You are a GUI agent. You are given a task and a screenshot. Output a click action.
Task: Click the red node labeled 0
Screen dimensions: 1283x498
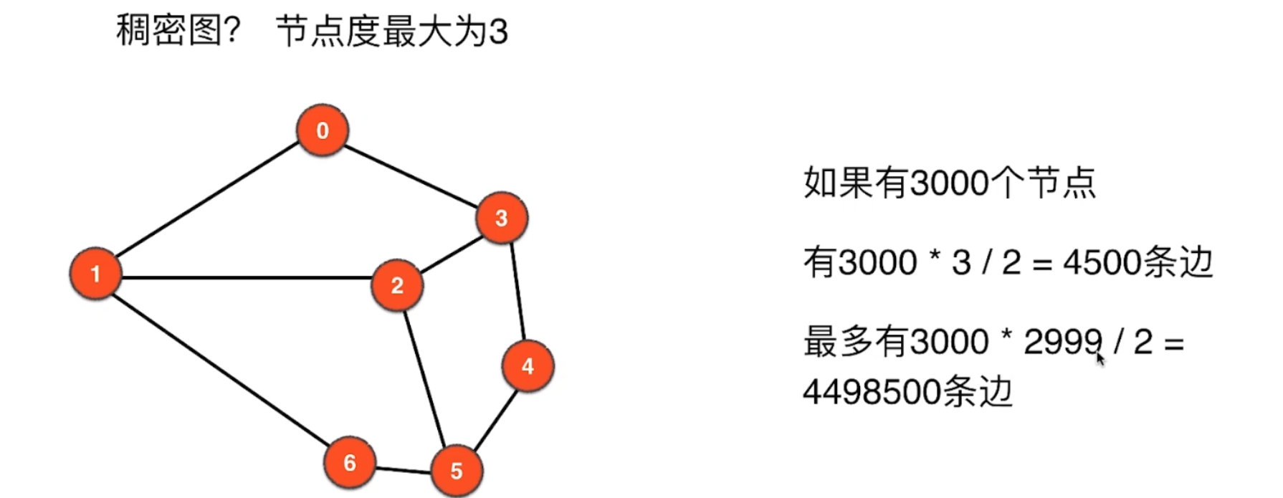pyautogui.click(x=323, y=130)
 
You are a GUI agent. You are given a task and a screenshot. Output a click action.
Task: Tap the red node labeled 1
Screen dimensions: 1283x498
pyautogui.click(x=95, y=274)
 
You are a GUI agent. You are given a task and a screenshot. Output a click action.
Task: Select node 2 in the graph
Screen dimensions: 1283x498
pyautogui.click(x=397, y=285)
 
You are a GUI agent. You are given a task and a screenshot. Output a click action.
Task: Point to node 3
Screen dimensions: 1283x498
pyautogui.click(x=501, y=218)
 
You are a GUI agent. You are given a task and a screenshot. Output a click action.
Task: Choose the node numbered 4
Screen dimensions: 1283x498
pyautogui.click(x=528, y=366)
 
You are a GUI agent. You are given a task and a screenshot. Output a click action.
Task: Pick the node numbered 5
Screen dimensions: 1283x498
pyautogui.click(x=457, y=471)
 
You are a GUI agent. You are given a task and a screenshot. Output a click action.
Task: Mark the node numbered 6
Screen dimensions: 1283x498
pyautogui.click(x=350, y=462)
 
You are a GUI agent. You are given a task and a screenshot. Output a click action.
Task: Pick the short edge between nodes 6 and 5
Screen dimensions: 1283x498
pyautogui.click(x=403, y=470)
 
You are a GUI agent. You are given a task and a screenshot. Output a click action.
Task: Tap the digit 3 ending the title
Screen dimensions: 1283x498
pyautogui.click(x=498, y=33)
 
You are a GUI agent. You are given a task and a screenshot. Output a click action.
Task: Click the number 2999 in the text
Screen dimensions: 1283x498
pyautogui.click(x=1062, y=342)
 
